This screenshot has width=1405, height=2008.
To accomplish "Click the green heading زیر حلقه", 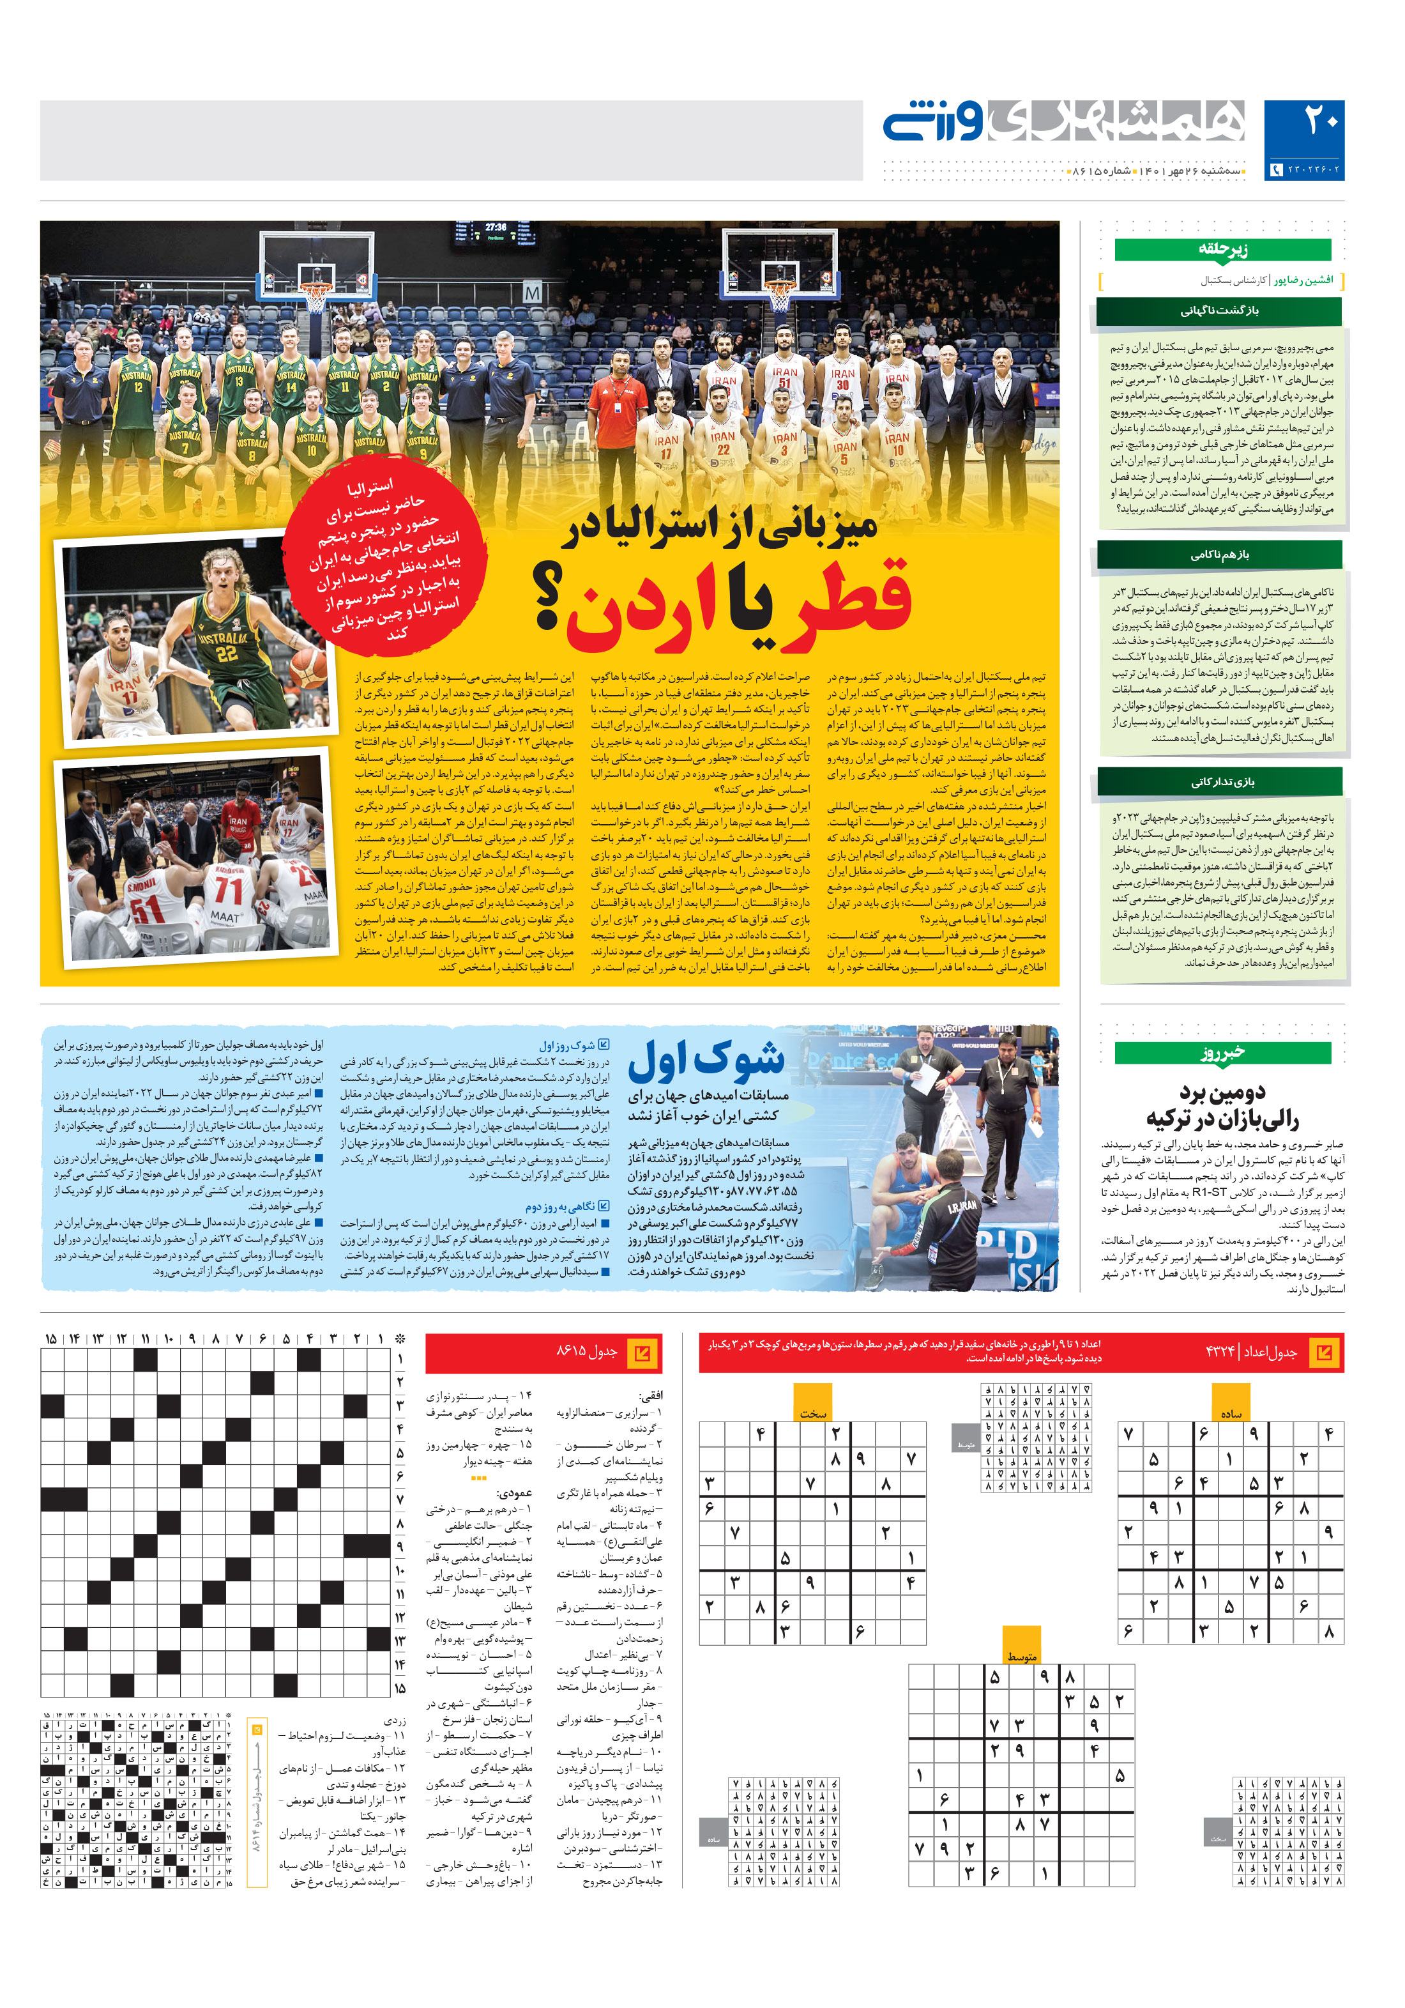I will (x=1222, y=249).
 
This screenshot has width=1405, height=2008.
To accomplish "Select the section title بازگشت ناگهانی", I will (x=1219, y=310).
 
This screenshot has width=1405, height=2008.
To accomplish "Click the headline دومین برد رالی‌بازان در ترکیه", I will (x=1222, y=1105).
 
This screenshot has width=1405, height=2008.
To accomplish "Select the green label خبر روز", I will (x=1222, y=1052).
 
